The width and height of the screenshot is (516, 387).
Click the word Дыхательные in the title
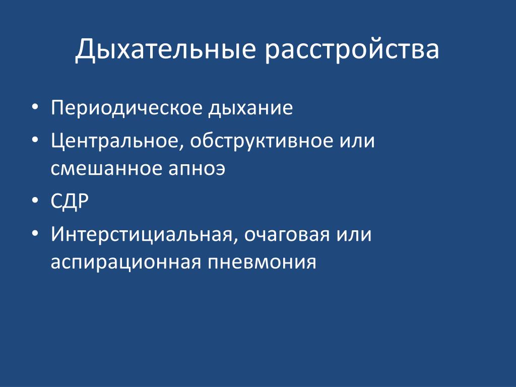(x=165, y=50)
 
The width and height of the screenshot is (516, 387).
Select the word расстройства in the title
(x=352, y=50)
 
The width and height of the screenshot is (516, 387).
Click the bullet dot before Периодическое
(x=35, y=107)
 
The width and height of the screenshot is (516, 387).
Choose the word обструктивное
(x=262, y=141)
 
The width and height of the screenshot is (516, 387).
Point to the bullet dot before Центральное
(x=35, y=139)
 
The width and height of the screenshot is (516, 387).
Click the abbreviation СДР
(x=70, y=201)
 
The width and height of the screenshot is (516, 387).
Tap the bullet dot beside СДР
(x=35, y=200)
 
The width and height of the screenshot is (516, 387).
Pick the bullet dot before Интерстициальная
(x=35, y=233)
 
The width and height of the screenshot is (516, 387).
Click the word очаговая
(x=287, y=235)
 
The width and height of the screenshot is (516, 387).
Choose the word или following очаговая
(x=354, y=235)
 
